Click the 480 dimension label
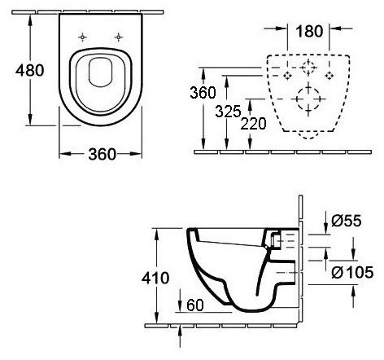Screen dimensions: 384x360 coord(30,71)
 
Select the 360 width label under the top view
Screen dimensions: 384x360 coord(102,154)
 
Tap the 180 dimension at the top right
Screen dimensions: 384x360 coord(309,31)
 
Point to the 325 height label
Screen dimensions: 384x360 coord(228,112)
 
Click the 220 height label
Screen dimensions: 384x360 coord(253,124)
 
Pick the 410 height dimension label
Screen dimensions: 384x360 coord(155,278)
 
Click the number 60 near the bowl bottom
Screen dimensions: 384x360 coord(195,305)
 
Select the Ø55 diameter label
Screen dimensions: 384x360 coord(347,221)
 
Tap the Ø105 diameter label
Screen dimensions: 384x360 coord(352,272)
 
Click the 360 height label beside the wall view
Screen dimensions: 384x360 coord(203,93)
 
